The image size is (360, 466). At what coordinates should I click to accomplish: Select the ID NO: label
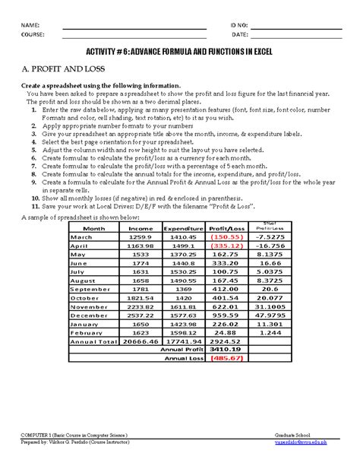[240, 25]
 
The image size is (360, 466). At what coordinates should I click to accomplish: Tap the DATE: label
[240, 35]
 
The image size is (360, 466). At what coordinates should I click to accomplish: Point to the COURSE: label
[33, 35]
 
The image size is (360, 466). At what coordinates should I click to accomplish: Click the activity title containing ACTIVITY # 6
[179, 52]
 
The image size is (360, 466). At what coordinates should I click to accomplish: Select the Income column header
[141, 228]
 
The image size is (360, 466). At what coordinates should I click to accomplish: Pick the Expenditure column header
[184, 228]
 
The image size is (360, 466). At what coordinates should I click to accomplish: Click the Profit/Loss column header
[227, 228]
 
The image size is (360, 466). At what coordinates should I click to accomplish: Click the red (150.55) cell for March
[226, 236]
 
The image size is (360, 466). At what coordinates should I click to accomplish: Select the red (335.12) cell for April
[226, 246]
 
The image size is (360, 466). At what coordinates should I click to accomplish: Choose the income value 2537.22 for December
[141, 315]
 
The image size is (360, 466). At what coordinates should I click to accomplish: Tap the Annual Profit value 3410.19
[226, 350]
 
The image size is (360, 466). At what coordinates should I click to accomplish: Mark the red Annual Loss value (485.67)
[226, 358]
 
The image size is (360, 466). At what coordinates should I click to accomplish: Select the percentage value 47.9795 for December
[270, 315]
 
